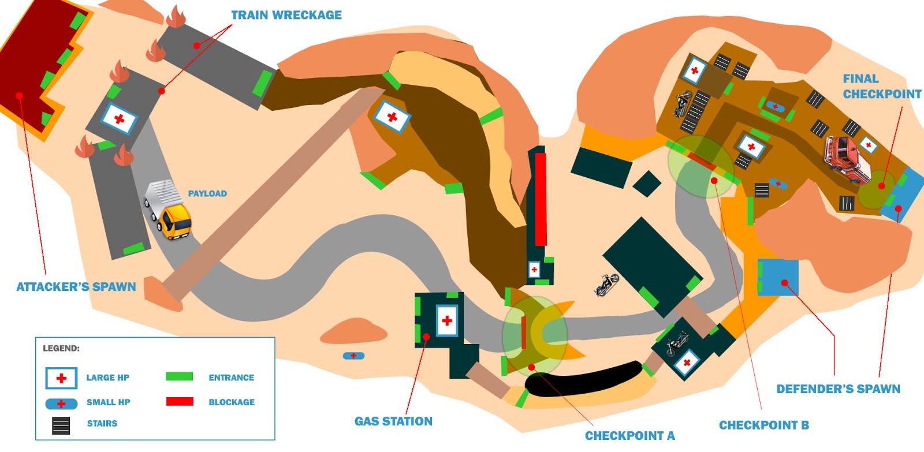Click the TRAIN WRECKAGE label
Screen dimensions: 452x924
[x=286, y=15]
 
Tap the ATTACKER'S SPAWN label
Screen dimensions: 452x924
[x=76, y=287]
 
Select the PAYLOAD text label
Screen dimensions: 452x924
[x=207, y=193]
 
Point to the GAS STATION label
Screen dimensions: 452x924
[x=393, y=421]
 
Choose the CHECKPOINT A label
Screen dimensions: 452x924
[x=629, y=435]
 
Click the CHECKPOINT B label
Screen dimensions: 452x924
[x=763, y=425]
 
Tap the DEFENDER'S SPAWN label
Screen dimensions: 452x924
[x=838, y=389]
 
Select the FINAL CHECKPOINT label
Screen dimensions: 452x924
[x=881, y=87]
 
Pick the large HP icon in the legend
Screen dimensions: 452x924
[x=61, y=378]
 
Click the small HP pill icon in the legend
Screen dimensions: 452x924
[x=61, y=404]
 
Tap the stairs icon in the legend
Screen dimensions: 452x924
[x=61, y=425]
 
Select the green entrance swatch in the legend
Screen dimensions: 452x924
[x=179, y=376]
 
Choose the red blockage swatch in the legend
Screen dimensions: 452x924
[x=180, y=401]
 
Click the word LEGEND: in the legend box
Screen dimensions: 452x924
[x=61, y=348]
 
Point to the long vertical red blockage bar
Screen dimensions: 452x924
[x=541, y=199]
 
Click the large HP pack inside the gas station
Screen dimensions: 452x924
[x=447, y=320]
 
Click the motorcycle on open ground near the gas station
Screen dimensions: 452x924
[x=606, y=285]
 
